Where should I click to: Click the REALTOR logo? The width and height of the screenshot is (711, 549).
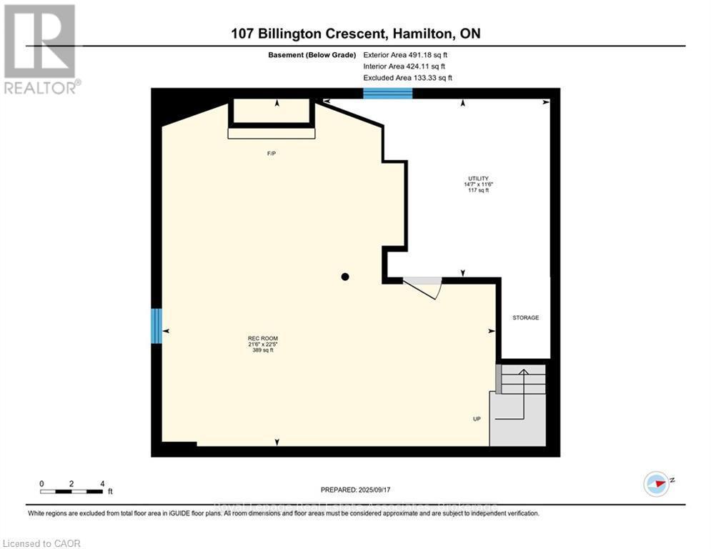(x=40, y=49)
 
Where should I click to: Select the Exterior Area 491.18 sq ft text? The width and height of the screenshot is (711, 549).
(x=407, y=54)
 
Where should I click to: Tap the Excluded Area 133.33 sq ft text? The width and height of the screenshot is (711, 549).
(x=407, y=78)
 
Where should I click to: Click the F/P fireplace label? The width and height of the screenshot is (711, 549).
(x=271, y=154)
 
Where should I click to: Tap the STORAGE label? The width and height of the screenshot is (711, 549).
(x=525, y=317)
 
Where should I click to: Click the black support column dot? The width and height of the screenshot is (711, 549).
(x=345, y=277)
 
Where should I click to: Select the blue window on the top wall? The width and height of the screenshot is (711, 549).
(x=387, y=93)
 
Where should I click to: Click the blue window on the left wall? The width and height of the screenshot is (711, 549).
(x=156, y=325)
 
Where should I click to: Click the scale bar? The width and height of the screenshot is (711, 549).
(x=71, y=491)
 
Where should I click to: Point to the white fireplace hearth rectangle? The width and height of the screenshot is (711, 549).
(x=271, y=133)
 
